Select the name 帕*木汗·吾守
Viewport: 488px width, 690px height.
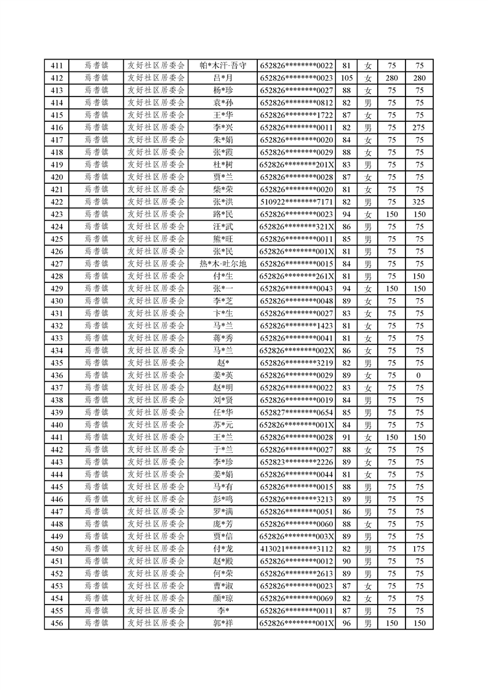pos(223,66)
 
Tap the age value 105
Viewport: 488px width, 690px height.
pos(346,78)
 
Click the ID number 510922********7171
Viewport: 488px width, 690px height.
pos(297,202)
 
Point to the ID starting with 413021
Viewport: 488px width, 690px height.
pos(297,549)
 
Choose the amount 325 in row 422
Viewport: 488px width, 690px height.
pos(419,202)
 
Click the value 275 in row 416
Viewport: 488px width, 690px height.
pos(419,127)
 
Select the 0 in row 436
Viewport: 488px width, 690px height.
pos(419,375)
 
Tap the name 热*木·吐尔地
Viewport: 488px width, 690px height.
pos(223,264)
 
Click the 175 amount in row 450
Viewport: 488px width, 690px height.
pos(419,549)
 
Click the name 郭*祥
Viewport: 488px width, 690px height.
pos(223,623)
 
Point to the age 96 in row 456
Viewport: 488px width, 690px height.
pos(346,623)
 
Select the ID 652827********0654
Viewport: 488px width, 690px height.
pos(297,413)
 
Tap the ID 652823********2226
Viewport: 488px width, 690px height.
pos(297,462)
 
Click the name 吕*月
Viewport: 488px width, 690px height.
pos(223,78)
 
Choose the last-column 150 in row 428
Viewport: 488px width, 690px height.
pos(419,276)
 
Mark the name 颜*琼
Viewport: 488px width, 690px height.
pos(223,598)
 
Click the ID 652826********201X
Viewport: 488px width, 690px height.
pos(297,165)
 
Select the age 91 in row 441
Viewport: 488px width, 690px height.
pos(346,437)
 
